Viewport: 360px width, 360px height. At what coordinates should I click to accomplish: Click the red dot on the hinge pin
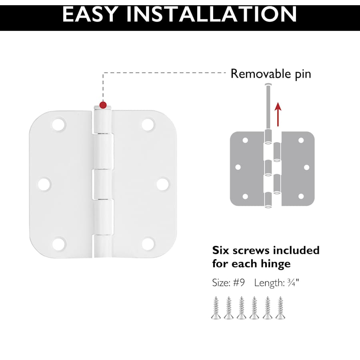103,105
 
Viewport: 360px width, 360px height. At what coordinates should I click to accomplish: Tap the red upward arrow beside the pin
278,114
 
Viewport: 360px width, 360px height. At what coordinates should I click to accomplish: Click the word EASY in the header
90,14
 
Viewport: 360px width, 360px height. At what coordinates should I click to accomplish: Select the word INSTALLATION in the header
212,14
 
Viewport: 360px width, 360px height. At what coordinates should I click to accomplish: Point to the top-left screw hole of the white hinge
59,124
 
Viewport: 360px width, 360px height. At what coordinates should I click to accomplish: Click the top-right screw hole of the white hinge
148,124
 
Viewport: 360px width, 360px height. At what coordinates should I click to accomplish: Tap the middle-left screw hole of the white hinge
44,184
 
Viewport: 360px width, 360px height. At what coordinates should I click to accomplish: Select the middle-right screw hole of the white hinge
163,184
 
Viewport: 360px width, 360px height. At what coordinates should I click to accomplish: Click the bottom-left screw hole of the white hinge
59,244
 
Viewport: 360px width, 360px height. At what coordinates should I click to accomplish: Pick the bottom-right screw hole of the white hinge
148,244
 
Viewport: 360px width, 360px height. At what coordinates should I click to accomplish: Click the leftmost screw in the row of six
216,308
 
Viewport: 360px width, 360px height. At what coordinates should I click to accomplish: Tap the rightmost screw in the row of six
280,308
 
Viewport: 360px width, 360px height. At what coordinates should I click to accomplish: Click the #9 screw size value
239,283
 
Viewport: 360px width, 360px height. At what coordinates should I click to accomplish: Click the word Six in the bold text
221,250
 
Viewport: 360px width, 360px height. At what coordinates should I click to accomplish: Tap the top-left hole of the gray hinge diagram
245,140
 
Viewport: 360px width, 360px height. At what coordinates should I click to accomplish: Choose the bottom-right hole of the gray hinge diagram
301,196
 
